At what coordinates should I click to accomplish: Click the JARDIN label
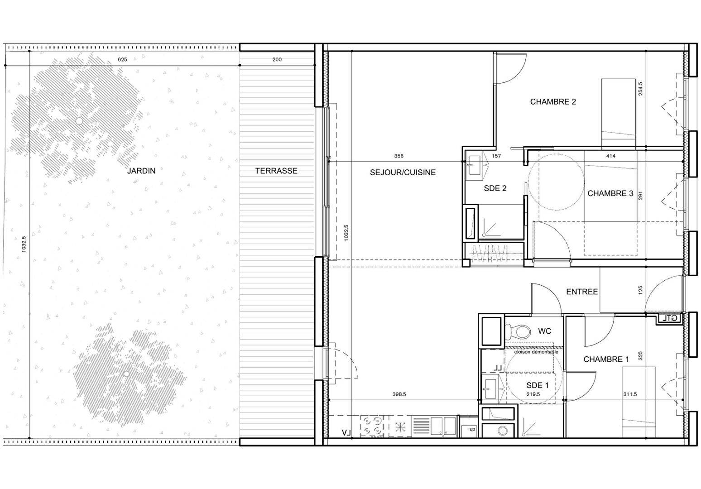pyautogui.click(x=141, y=171)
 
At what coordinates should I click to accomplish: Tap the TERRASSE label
pyautogui.click(x=276, y=171)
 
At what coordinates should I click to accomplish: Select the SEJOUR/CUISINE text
pyautogui.click(x=403, y=173)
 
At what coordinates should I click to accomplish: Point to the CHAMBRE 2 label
pyautogui.click(x=553, y=102)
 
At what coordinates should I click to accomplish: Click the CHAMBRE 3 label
pyautogui.click(x=610, y=193)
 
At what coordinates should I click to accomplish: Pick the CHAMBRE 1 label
pyautogui.click(x=606, y=359)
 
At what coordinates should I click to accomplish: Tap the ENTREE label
pyautogui.click(x=582, y=292)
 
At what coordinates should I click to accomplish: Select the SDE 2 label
pyautogui.click(x=495, y=188)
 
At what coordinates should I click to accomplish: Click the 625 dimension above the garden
pyautogui.click(x=122, y=59)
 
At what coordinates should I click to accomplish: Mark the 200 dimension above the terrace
pyautogui.click(x=277, y=59)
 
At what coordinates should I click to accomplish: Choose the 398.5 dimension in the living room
pyautogui.click(x=399, y=394)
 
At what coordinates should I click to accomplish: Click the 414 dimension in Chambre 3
pyautogui.click(x=610, y=156)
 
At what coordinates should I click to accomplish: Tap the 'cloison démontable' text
pyautogui.click(x=536, y=352)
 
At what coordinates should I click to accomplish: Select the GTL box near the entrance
pyautogui.click(x=669, y=318)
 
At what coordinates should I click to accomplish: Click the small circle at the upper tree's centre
pyautogui.click(x=79, y=121)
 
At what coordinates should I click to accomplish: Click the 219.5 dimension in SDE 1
pyautogui.click(x=533, y=394)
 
